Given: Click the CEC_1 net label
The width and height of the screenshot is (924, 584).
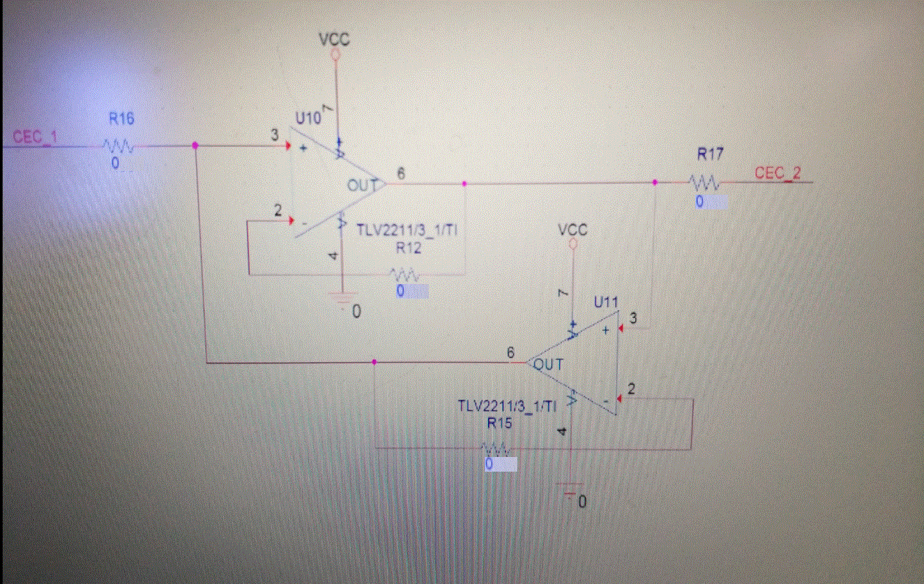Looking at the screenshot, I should click(x=33, y=137).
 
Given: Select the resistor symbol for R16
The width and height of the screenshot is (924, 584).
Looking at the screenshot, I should click(x=118, y=146).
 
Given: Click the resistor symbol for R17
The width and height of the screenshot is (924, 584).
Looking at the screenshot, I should click(x=705, y=183).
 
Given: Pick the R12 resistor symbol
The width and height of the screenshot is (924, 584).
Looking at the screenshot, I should click(x=405, y=274).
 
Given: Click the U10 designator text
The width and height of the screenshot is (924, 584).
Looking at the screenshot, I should click(x=308, y=119).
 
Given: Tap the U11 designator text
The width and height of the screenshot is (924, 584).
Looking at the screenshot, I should click(x=606, y=302).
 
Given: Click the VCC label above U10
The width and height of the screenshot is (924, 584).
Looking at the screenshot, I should click(x=334, y=39).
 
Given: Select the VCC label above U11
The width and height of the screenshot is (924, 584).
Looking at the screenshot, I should click(x=573, y=230).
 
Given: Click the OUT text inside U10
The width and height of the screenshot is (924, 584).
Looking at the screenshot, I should click(x=361, y=185).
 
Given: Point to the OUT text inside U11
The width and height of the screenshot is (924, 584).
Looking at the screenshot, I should click(x=549, y=364).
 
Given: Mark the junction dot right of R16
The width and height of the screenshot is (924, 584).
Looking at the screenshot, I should click(x=195, y=146).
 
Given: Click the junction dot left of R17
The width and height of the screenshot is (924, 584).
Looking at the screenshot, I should click(x=654, y=183).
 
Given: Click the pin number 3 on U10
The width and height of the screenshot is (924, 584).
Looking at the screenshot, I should click(x=275, y=134).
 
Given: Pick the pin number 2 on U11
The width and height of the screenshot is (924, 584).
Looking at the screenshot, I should click(x=631, y=389).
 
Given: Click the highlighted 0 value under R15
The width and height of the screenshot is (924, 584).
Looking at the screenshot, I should click(x=500, y=465).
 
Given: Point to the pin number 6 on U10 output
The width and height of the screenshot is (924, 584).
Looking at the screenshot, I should click(x=400, y=172).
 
